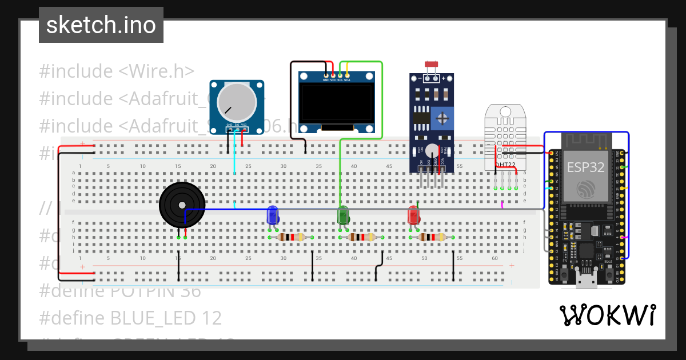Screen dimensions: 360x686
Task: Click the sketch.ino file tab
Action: [x=101, y=25]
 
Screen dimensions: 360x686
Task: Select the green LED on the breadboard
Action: [x=343, y=215]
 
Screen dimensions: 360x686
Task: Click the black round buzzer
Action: [x=182, y=205]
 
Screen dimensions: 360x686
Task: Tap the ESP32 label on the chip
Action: [x=585, y=167]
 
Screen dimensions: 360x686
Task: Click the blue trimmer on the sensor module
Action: [x=441, y=118]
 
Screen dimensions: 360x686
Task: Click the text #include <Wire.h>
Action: [x=117, y=71]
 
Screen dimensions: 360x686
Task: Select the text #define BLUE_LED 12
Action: [x=130, y=318]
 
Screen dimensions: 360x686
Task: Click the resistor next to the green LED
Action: [x=362, y=237]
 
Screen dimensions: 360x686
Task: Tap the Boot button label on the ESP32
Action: [x=608, y=261]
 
